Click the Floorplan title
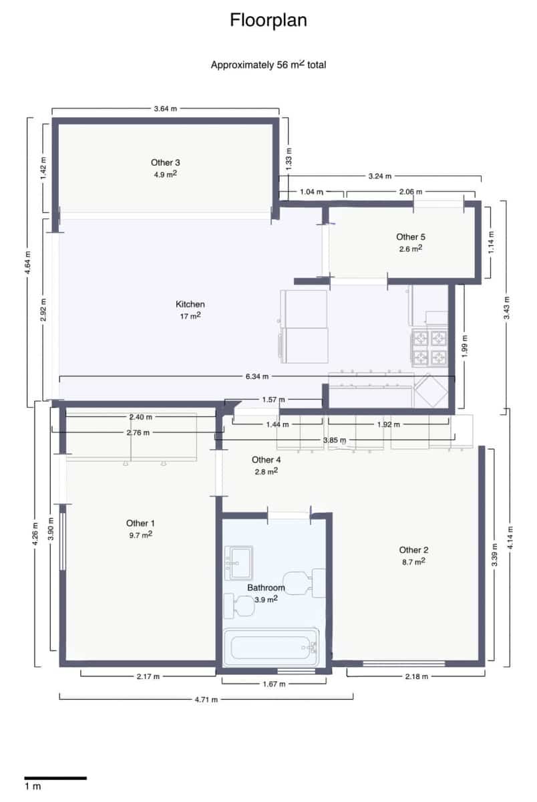(268, 21)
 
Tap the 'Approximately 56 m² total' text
(268, 65)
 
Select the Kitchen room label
(190, 304)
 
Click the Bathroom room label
(266, 588)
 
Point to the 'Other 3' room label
(166, 162)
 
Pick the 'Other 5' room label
(411, 237)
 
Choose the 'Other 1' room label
(141, 523)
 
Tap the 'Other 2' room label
(413, 550)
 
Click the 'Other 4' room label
(266, 460)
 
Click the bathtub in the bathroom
(271, 648)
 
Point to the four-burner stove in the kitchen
(429, 347)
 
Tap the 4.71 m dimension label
(206, 699)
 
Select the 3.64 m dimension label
(166, 108)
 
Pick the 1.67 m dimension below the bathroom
(274, 684)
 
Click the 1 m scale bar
(55, 778)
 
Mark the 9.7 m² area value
(141, 535)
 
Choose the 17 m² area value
(190, 316)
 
